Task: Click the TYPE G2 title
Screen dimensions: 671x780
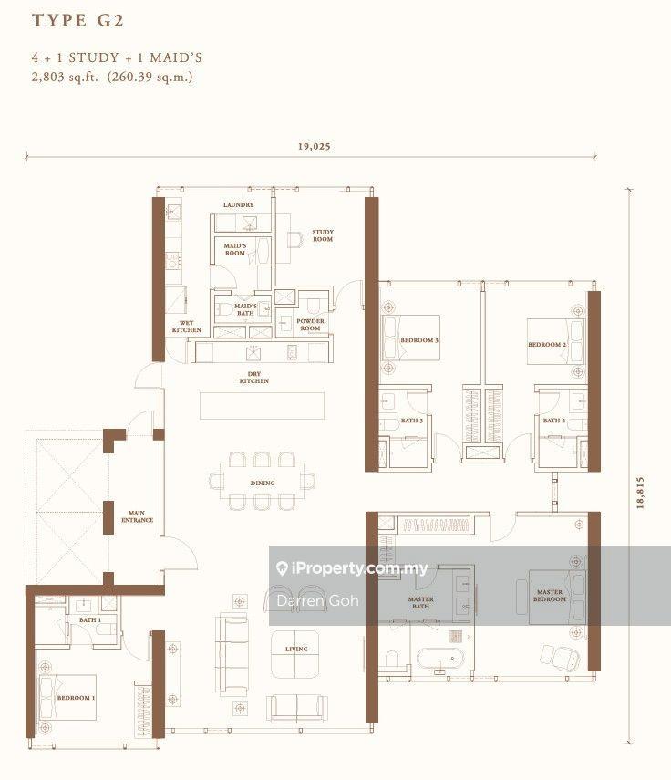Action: [77, 20]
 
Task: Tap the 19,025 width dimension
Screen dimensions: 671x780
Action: [315, 146]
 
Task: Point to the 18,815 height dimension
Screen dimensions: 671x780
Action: [640, 493]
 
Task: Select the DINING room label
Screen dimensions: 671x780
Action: [263, 483]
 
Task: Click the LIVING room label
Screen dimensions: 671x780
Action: [296, 649]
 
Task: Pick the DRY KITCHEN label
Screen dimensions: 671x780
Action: [254, 377]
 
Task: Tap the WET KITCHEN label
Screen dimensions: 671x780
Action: [186, 327]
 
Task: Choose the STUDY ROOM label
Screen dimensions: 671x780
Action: [323, 235]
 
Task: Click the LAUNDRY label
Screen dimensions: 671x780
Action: [238, 204]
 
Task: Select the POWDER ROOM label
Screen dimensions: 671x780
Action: [310, 325]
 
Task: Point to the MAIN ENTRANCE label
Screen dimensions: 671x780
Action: [137, 516]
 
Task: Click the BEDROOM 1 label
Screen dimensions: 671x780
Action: [76, 697]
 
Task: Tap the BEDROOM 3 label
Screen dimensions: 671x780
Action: [419, 340]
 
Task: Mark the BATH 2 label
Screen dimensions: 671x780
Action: [553, 421]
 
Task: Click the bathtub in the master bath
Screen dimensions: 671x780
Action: [440, 659]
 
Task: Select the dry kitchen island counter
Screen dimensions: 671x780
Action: [262, 406]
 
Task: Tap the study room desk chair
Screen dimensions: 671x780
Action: [294, 239]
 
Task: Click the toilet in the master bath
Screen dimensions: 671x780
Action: [393, 660]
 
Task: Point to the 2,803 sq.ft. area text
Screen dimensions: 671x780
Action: [65, 78]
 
